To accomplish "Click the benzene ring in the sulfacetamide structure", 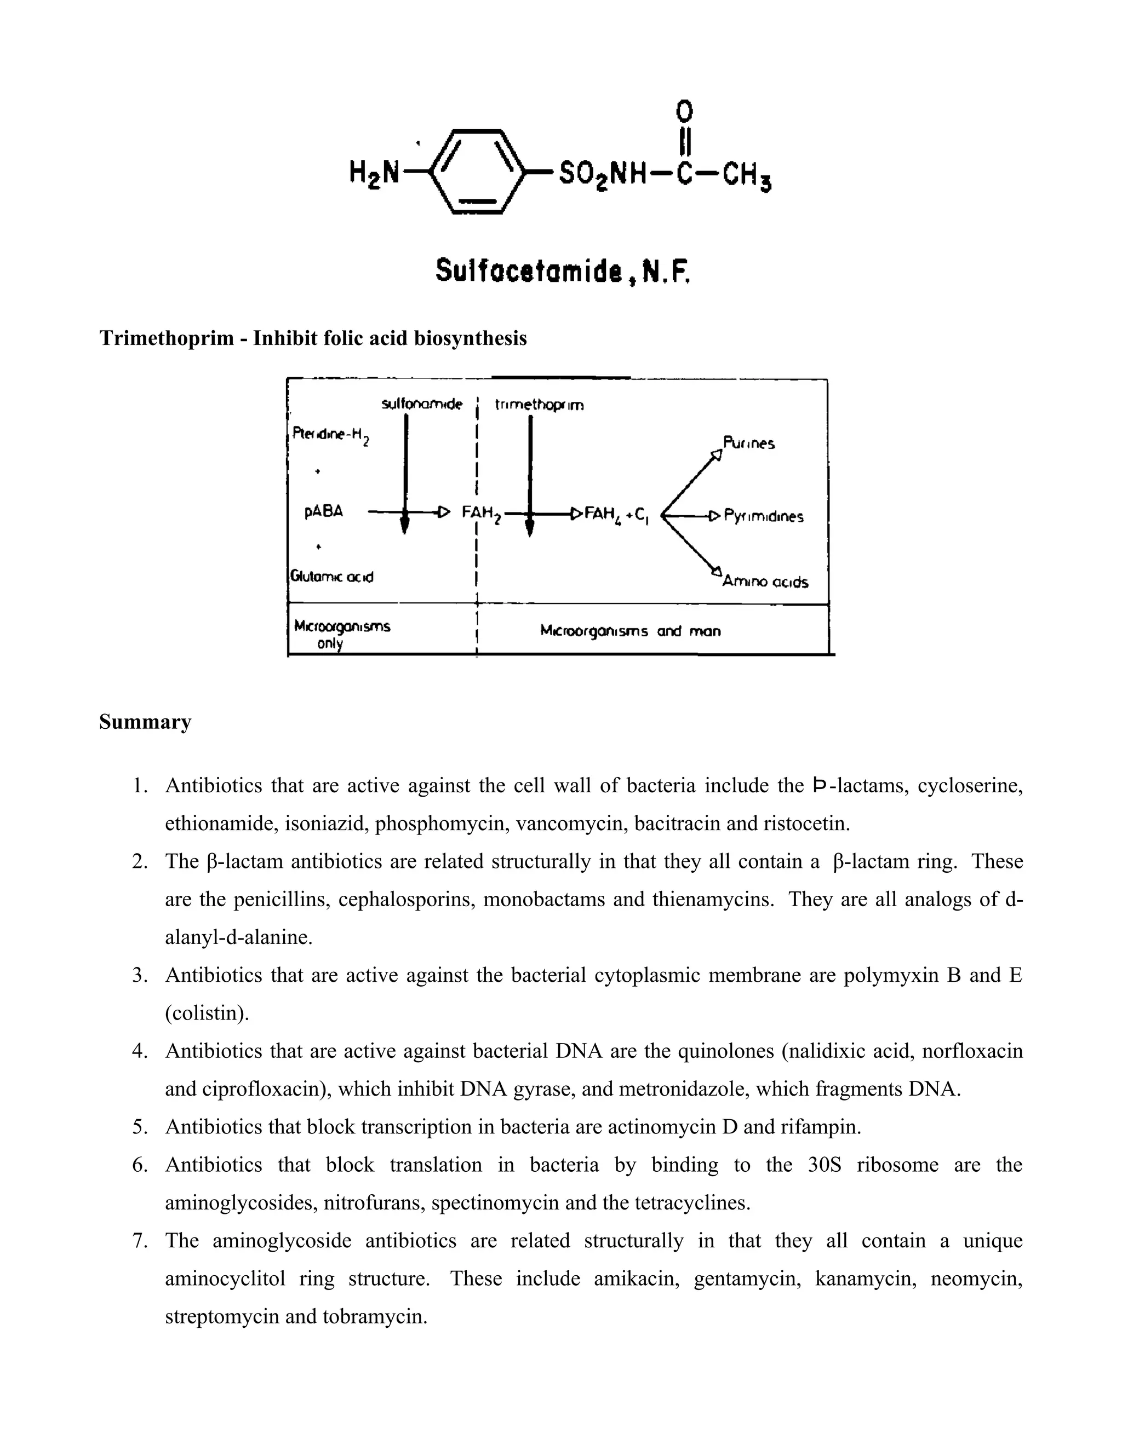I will coord(476,172).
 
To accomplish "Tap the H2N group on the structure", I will coord(374,174).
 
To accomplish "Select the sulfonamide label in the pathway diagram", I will coord(421,404).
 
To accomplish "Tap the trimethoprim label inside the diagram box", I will coord(540,405).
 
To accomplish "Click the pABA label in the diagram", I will coord(324,511).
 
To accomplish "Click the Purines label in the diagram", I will coord(748,443).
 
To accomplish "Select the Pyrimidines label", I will coord(763,516).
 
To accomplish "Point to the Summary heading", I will coord(145,722).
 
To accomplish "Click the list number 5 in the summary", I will coord(139,1127).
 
